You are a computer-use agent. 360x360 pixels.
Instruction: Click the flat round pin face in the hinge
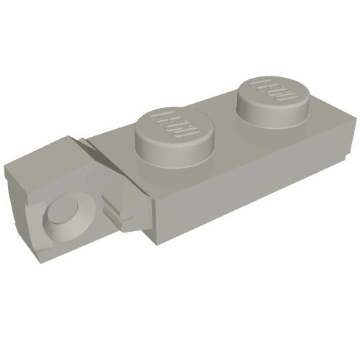point(63,208)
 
